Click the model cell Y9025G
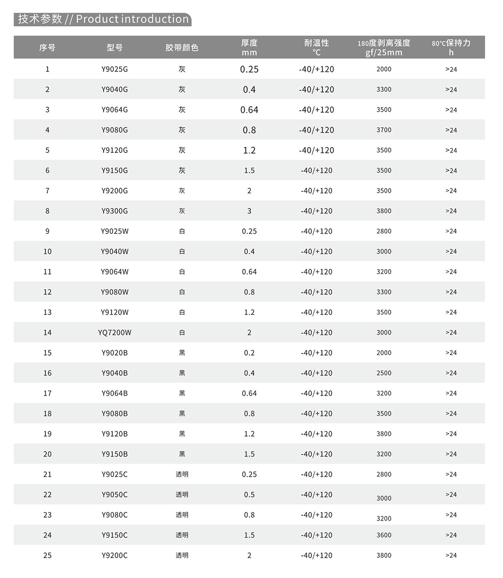pos(115,69)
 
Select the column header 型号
pos(115,48)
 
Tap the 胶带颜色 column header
pos(182,48)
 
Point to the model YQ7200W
pos(115,333)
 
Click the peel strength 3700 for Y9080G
pos(384,130)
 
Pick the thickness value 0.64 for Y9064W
pos(249,272)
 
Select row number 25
pos(47,555)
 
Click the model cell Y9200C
pos(115,555)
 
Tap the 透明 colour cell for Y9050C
pos(182,494)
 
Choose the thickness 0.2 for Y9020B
pos(249,353)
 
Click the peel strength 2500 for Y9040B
pos(384,373)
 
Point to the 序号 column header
pos(47,48)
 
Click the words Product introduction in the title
pos(132,19)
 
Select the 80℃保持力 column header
pos(451,47)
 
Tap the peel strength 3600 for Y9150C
pos(384,535)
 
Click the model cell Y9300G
pos(115,211)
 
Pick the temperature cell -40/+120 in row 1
pos(316,69)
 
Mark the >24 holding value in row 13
pos(451,312)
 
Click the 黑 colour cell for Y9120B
pos(182,434)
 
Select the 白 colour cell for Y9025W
pos(182,231)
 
